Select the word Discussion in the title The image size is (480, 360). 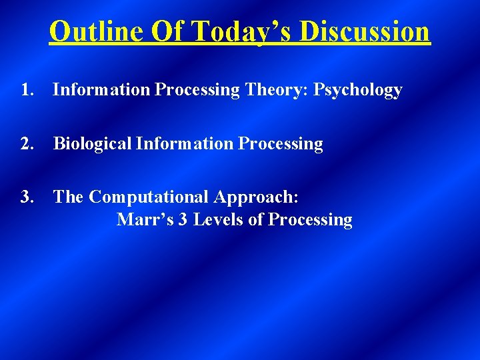(365, 31)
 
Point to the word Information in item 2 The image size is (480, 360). (183, 144)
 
